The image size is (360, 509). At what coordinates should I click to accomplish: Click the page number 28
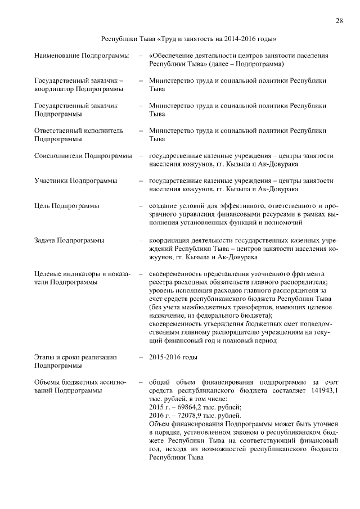[339, 21]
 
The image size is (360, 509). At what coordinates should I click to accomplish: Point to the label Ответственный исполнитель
[78, 130]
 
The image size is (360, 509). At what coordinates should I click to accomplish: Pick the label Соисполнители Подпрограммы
[83, 156]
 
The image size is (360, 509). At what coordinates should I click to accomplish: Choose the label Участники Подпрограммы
[75, 181]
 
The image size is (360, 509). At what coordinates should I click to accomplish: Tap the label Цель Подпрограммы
[66, 206]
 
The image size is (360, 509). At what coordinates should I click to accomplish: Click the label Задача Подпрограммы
[69, 241]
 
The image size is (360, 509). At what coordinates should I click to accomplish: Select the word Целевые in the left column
[48, 274]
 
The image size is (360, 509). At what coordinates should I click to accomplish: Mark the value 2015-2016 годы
[173, 357]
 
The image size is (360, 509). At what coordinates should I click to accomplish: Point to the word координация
[170, 241]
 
